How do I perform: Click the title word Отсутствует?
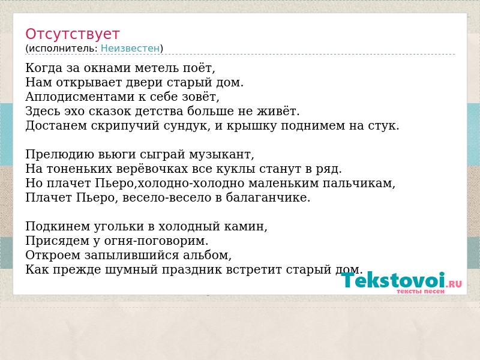coord(72,34)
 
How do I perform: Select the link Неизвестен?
coord(130,48)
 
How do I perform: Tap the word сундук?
coord(185,126)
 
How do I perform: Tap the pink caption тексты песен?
coord(421,292)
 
